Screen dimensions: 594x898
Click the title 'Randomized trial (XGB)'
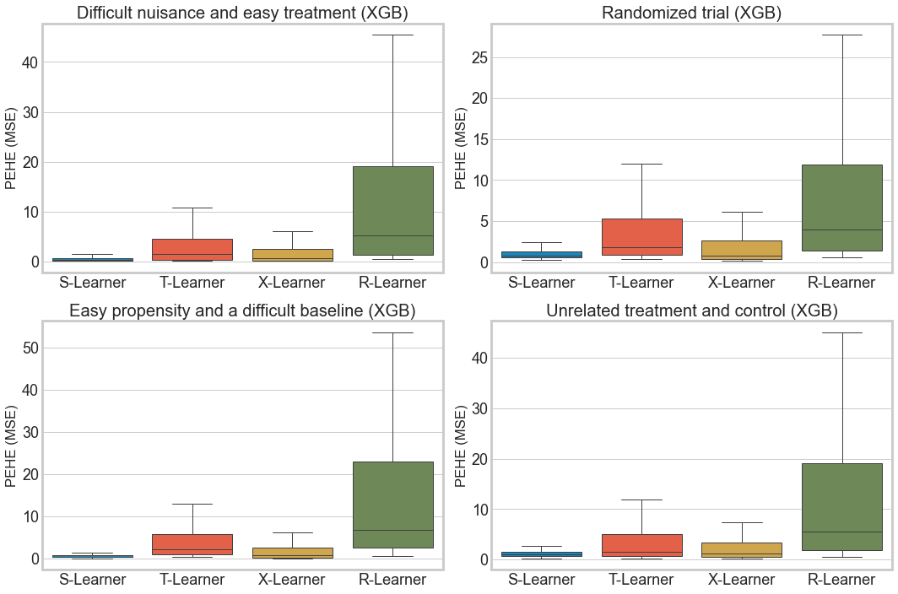[x=691, y=13]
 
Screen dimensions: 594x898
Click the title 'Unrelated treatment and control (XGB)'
[x=691, y=310]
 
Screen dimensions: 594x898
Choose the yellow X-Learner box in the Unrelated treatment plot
[x=742, y=550]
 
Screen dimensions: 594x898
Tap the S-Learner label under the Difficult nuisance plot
[x=92, y=282]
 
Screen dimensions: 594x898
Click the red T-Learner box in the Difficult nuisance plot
[x=192, y=250]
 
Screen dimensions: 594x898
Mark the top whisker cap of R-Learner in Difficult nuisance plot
[x=392, y=35]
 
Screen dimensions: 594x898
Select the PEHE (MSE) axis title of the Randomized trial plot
[x=460, y=148]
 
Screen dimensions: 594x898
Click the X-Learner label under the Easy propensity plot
[x=292, y=580]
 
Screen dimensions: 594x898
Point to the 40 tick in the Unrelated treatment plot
[x=479, y=358]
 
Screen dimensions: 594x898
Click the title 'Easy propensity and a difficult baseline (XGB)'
[x=242, y=310]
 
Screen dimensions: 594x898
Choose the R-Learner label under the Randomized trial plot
[x=842, y=282]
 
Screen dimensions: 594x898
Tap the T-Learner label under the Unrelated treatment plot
[x=642, y=580]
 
